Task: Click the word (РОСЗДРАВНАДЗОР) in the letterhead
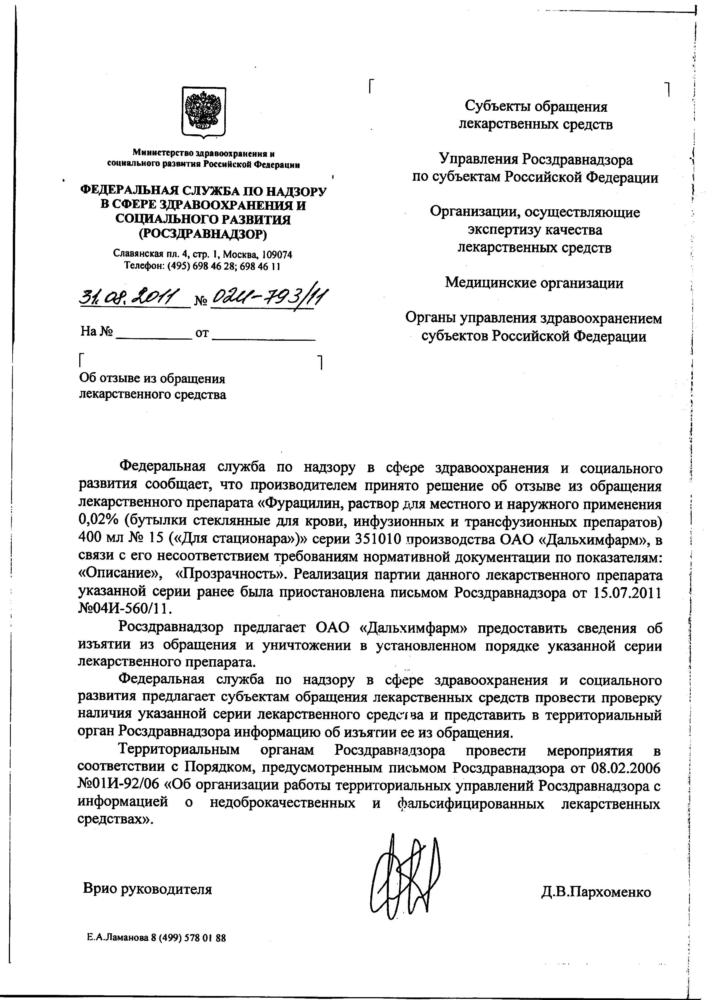[203, 234]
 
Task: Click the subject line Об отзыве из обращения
[152, 378]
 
